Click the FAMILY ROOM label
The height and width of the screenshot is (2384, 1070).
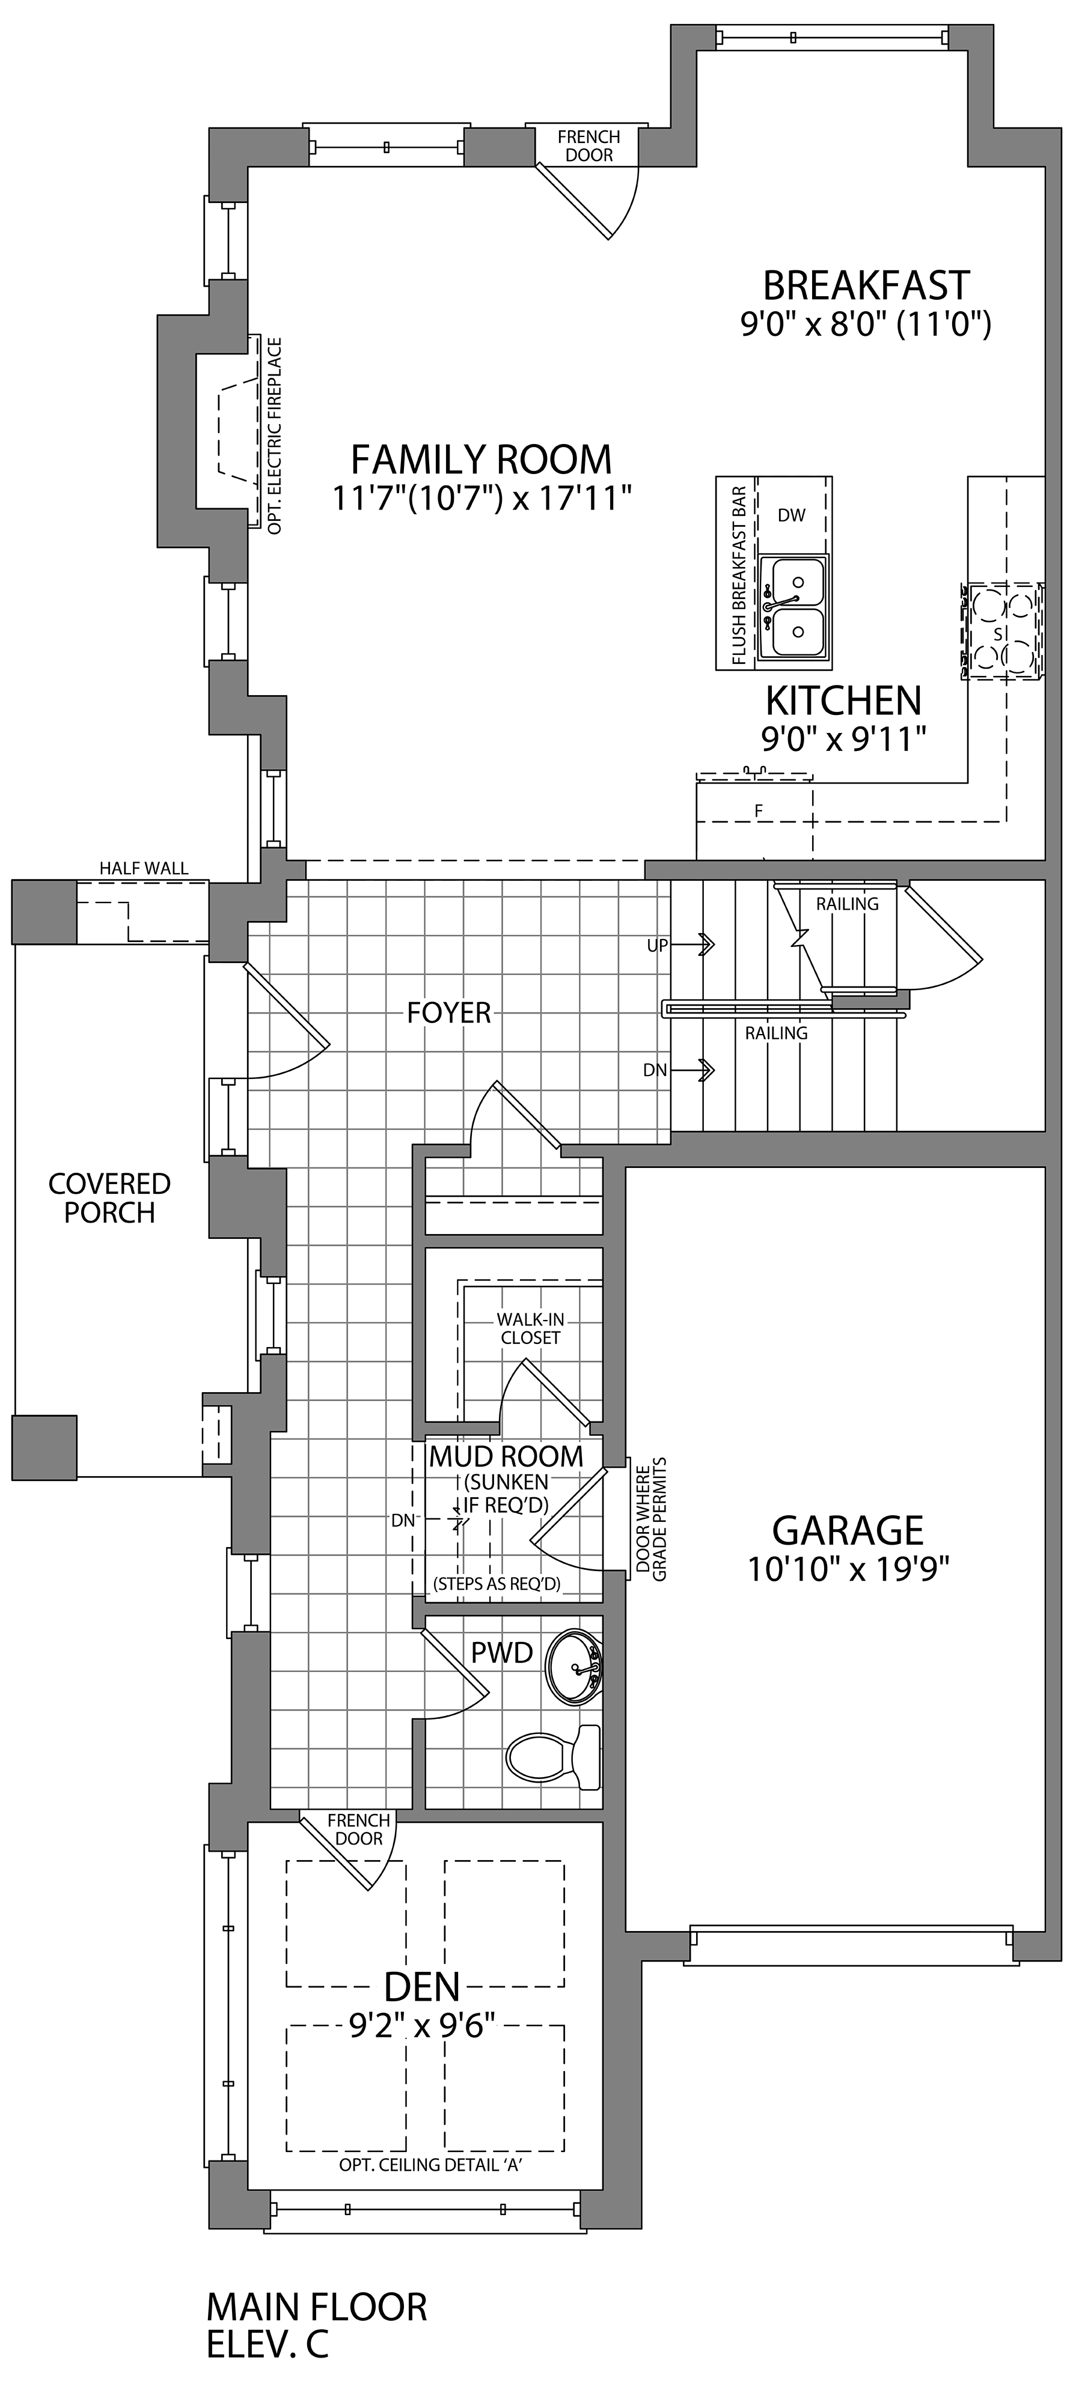(481, 459)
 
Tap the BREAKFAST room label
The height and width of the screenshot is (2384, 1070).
(866, 285)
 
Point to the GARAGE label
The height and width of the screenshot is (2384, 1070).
(848, 1530)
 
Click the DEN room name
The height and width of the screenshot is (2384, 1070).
(422, 1985)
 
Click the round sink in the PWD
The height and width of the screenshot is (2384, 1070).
(574, 1667)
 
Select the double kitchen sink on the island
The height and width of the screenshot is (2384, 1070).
(793, 610)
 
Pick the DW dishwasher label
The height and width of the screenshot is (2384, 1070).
(792, 515)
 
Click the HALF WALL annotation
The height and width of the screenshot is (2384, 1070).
(144, 868)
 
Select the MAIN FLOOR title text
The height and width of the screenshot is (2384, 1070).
(317, 2306)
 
